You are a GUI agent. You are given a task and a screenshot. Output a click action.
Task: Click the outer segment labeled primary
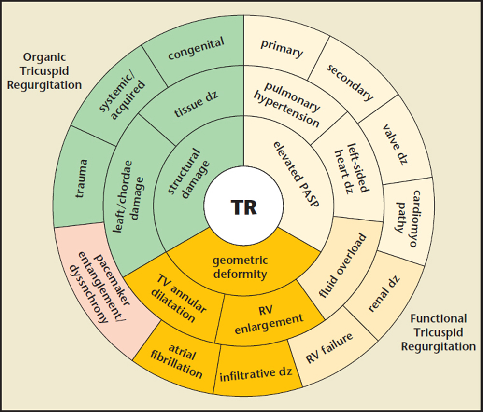(x=282, y=48)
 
